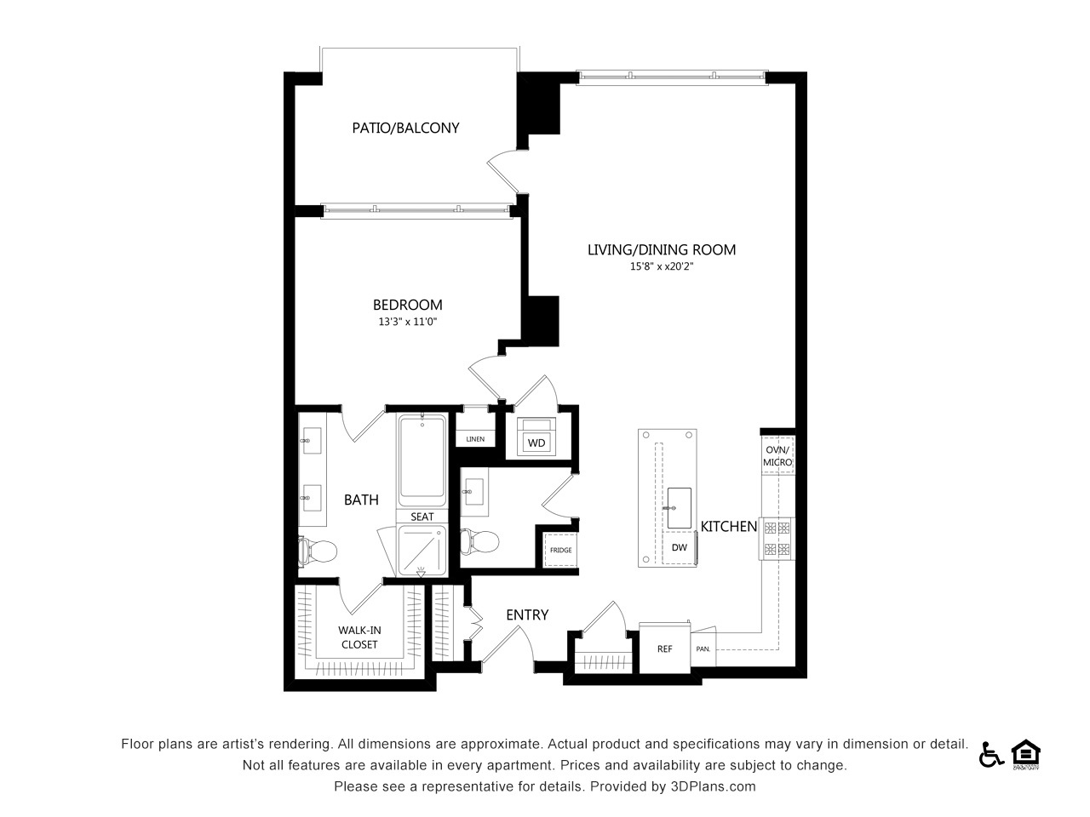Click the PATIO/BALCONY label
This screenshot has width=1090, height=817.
pos(405,128)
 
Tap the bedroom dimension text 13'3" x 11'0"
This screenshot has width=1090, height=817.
pos(407,322)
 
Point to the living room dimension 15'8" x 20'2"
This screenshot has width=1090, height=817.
pos(662,266)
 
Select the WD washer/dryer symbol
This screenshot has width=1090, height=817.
pos(536,437)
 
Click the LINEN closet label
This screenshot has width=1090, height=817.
pos(475,439)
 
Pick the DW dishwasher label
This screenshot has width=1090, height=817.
pos(679,547)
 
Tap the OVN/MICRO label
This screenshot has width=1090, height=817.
pos(777,456)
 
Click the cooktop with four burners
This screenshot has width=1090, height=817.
pos(777,539)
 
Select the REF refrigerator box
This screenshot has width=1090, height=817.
pos(664,648)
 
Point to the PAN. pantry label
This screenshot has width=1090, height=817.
pos(703,648)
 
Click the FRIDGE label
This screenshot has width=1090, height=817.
pos(560,550)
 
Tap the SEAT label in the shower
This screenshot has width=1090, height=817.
pos(422,517)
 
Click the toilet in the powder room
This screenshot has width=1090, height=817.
pos(479,541)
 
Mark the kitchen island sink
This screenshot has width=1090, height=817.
pos(679,508)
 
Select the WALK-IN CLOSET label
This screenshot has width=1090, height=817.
pos(359,637)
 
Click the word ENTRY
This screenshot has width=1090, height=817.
pos(527,615)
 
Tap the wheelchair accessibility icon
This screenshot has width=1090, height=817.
pos(991,756)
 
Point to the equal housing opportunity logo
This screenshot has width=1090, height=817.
pos(1026,755)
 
